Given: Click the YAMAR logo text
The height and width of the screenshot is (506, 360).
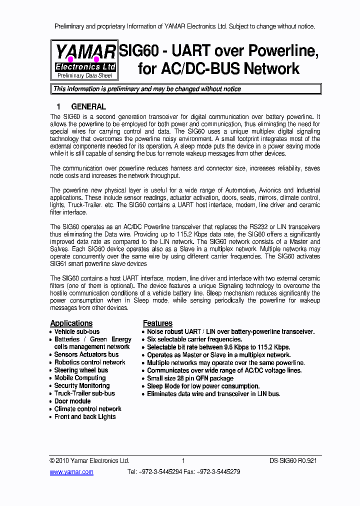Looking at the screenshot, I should pyautogui.click(x=85, y=52).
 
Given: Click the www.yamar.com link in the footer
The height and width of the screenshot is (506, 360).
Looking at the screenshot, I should pyautogui.click(x=71, y=471).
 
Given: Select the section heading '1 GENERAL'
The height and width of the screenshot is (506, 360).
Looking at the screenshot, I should pyautogui.click(x=81, y=106).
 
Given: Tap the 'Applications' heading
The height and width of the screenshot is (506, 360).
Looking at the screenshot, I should pyautogui.click(x=71, y=323).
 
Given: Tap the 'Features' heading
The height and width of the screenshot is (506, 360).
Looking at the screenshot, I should pyautogui.click(x=157, y=323).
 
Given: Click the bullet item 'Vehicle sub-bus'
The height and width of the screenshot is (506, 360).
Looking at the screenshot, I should pyautogui.click(x=77, y=331).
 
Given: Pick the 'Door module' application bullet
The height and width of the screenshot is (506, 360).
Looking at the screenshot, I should pyautogui.click(x=72, y=401).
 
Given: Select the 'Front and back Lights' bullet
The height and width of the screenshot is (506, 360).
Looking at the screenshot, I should pyautogui.click(x=85, y=416).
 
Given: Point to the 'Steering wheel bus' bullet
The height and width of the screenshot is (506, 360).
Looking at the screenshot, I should pyautogui.click(x=81, y=370).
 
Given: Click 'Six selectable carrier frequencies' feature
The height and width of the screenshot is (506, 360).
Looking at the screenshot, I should pyautogui.click(x=194, y=339).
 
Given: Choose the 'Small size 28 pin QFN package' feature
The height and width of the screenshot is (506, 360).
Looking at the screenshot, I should pyautogui.click(x=190, y=378).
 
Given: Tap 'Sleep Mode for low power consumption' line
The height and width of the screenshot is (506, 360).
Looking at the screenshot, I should pyautogui.click(x=203, y=386).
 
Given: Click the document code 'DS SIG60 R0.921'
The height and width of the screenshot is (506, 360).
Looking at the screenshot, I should pyautogui.click(x=293, y=460).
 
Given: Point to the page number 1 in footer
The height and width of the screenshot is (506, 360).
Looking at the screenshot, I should pyautogui.click(x=183, y=460).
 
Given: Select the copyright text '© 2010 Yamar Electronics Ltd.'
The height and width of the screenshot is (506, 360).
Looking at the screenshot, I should pyautogui.click(x=89, y=460).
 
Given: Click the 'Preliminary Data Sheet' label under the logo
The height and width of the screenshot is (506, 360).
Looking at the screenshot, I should pyautogui.click(x=85, y=75).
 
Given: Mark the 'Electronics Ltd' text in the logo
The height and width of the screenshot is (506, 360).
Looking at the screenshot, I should pyautogui.click(x=85, y=66).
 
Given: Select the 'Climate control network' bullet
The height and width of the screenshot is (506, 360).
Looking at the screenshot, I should pyautogui.click(x=87, y=409).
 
